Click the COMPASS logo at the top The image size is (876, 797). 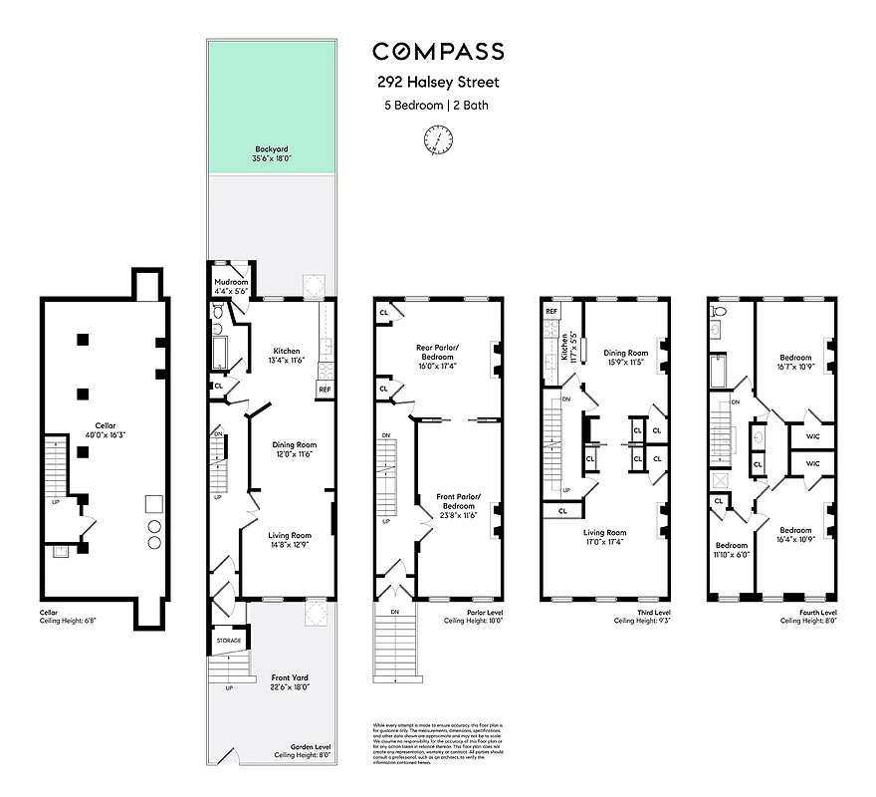click(x=438, y=52)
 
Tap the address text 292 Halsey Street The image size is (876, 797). click(x=438, y=84)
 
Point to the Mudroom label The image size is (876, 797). click(x=231, y=287)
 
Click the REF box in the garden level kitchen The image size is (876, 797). click(x=325, y=389)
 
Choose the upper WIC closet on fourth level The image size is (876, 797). click(x=812, y=435)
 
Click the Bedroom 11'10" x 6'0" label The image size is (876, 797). click(x=733, y=550)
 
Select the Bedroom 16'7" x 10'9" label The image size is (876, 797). click(x=795, y=362)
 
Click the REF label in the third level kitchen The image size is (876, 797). click(x=551, y=312)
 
